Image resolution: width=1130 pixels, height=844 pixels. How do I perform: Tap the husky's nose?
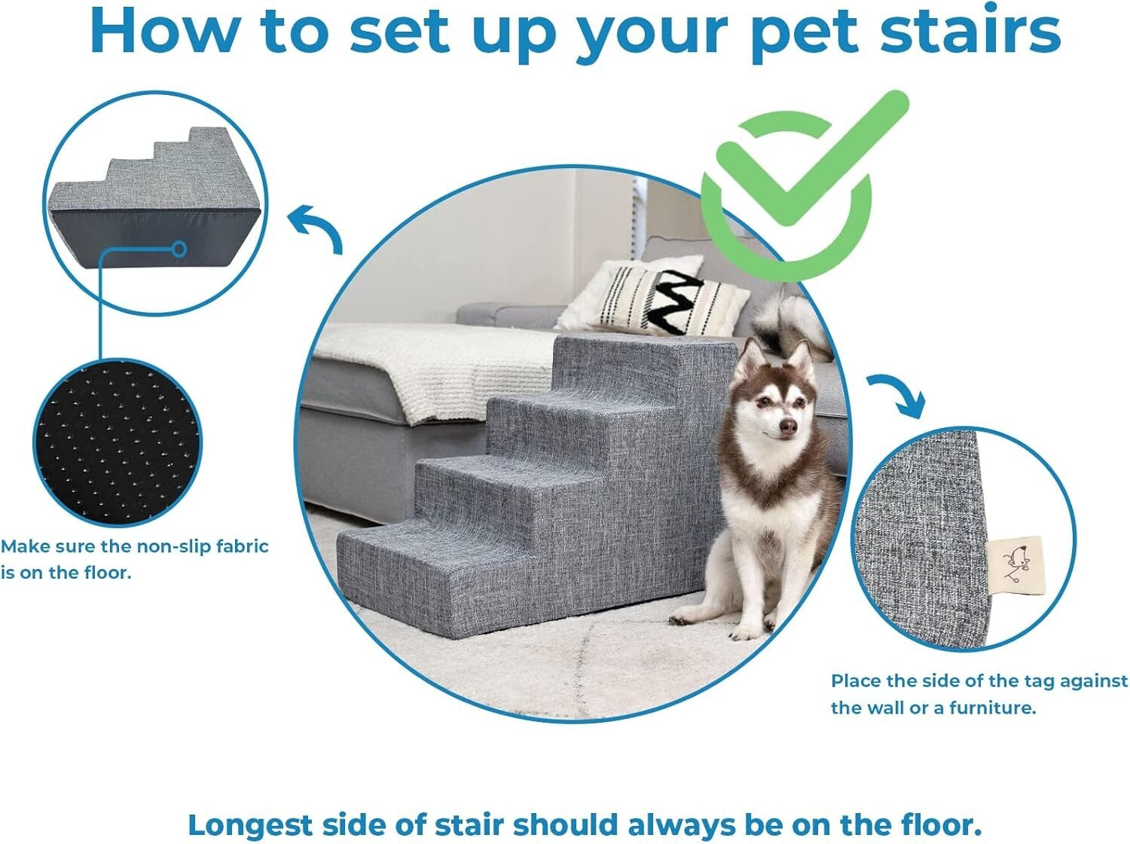click(787, 427)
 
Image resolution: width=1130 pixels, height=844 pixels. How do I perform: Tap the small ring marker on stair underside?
click(179, 247)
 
